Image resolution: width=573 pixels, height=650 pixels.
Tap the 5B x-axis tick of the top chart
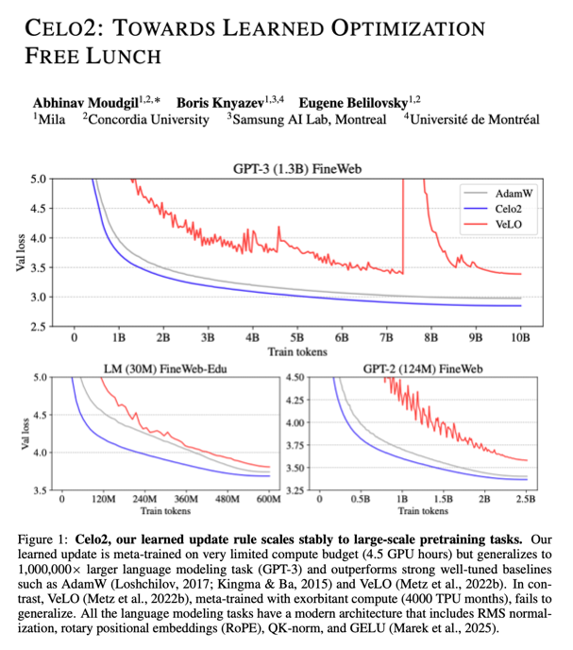(296, 335)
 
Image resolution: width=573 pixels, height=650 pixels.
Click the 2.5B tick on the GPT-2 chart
(525, 500)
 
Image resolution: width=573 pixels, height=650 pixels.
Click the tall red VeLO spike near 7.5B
(404, 227)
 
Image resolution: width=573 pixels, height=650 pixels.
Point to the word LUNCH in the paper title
(118, 56)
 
